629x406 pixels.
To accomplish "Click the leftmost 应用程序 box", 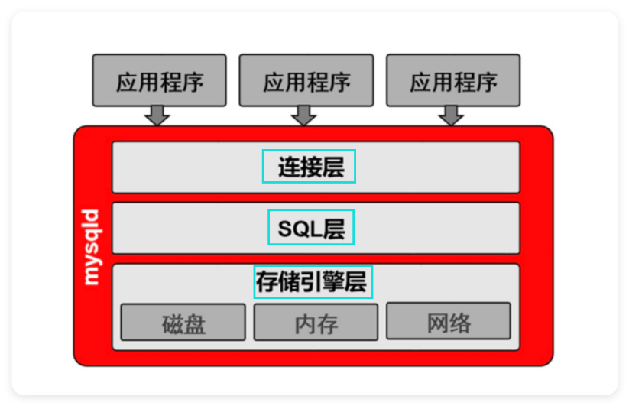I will [x=159, y=80].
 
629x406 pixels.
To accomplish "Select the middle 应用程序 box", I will [x=306, y=80].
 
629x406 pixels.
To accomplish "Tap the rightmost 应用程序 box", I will [x=453, y=80].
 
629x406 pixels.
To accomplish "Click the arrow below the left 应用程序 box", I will [x=157, y=115].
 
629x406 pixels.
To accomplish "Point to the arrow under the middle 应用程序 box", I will [x=304, y=115].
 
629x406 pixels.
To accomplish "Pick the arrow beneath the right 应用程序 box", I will [x=451, y=115].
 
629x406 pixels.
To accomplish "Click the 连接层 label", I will [x=310, y=167].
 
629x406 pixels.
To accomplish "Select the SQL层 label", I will [x=311, y=228].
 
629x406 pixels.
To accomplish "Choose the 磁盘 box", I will [x=183, y=323].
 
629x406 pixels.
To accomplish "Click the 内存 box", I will [x=316, y=323].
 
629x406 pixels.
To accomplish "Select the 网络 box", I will [x=449, y=322].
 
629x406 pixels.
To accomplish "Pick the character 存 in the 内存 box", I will [x=327, y=323].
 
